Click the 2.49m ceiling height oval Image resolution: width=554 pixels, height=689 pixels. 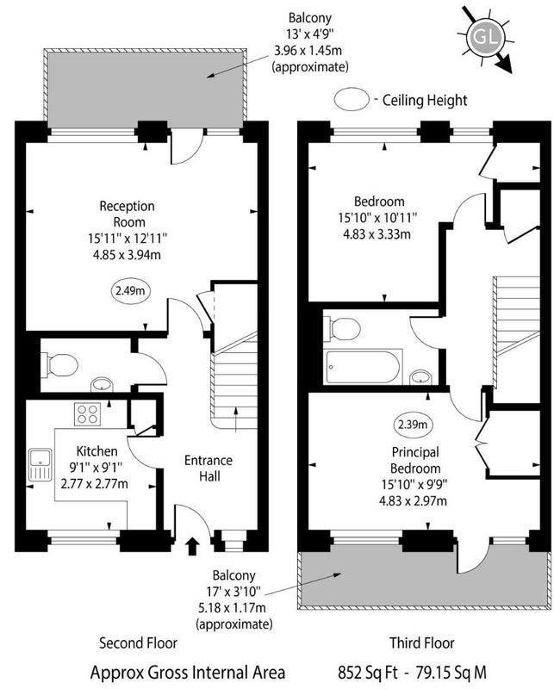pos(130,290)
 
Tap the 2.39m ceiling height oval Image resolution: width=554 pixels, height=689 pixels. pos(413,425)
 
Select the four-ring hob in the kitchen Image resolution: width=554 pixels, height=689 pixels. pos(87,414)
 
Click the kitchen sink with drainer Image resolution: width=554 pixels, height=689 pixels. pos(40,464)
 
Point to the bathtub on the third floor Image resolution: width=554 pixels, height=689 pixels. pos(363,367)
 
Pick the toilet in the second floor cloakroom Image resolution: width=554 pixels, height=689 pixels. pos(59,365)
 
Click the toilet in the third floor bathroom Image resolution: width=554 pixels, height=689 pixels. pos(342,329)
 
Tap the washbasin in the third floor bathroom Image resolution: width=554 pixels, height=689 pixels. pos(420,377)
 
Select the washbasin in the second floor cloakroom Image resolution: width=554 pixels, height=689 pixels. pos(102,384)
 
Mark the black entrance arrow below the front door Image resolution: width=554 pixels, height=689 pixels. pos(191,546)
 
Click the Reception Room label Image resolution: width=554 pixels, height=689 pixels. pos(128,214)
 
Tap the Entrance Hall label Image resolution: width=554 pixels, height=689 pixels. pos(209,469)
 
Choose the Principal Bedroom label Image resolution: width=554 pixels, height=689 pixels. pos(415,460)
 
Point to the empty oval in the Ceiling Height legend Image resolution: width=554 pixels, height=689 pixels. pos(352,99)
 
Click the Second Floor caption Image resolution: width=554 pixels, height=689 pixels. pos(138,642)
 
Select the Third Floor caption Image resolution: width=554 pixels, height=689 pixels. pos(422,642)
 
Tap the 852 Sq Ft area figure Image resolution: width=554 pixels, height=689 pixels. pos(368,673)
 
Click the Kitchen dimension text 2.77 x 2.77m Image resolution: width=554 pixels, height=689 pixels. pos(95,484)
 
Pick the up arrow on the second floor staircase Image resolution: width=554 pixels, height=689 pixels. pos(237,420)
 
